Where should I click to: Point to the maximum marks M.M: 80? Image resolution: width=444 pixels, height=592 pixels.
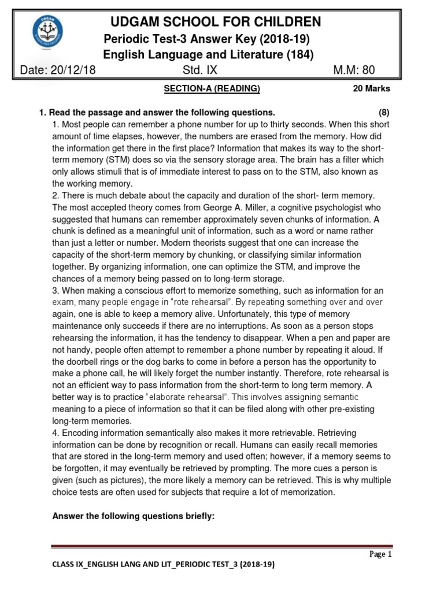354,71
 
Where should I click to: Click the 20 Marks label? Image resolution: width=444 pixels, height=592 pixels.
371,88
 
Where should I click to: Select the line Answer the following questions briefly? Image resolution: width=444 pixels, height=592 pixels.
134,516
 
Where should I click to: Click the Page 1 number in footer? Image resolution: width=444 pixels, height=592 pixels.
380,554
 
